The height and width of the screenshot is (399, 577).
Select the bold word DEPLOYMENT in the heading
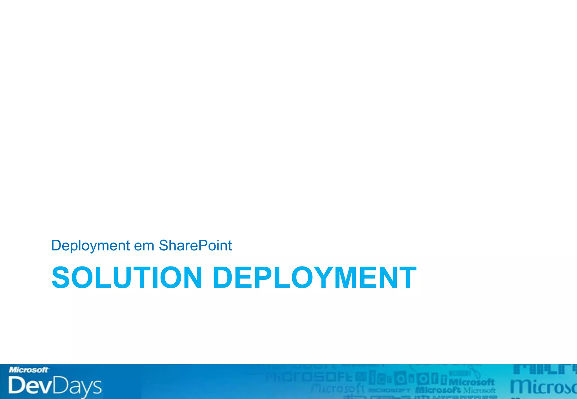tap(314, 277)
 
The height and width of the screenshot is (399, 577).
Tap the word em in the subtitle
tap(144, 245)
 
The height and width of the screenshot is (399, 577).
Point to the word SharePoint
tap(195, 245)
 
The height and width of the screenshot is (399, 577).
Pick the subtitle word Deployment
tap(90, 245)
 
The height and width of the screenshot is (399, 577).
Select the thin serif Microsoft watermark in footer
tap(479, 390)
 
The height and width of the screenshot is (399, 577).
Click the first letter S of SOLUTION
tap(61, 277)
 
